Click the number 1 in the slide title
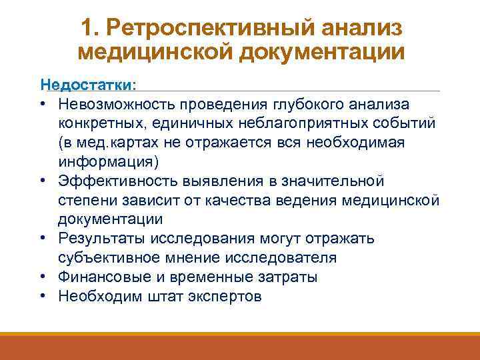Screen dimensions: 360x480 [87, 28]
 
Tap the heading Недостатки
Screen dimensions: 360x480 [86, 85]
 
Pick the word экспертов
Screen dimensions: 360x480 [225, 297]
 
